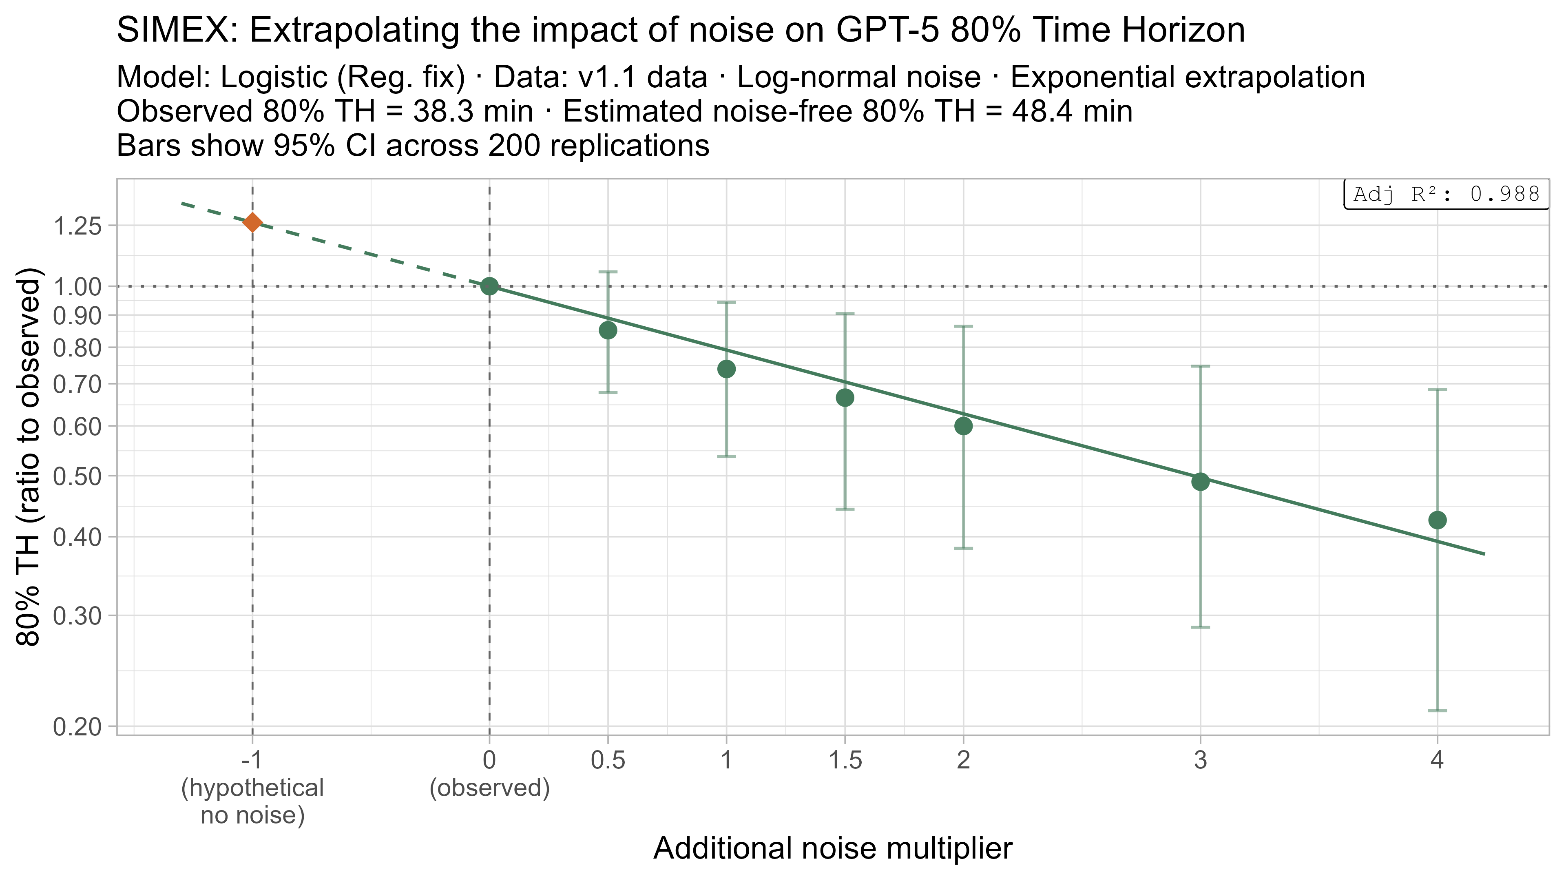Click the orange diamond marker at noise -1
click(252, 223)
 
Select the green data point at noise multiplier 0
click(489, 286)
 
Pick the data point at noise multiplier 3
click(1200, 482)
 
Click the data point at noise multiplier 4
click(1437, 520)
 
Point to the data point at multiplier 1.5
click(845, 398)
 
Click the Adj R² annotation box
click(1446, 195)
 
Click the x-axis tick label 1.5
click(845, 761)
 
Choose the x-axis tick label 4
click(1437, 761)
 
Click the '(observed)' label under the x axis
click(489, 788)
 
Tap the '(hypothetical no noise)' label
click(252, 801)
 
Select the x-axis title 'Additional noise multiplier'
click(833, 848)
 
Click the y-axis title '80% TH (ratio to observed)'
click(29, 456)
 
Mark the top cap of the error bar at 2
click(963, 326)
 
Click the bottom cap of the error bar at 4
click(1437, 710)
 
